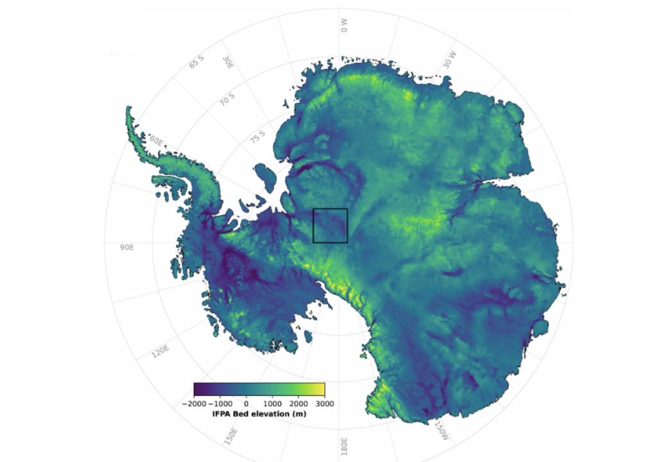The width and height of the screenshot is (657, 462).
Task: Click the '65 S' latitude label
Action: [x=196, y=62]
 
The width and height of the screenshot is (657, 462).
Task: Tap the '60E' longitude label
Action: [x=156, y=141]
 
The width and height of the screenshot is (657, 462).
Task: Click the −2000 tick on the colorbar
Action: [x=194, y=404]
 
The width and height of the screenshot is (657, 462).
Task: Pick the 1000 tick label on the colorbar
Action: [x=272, y=404]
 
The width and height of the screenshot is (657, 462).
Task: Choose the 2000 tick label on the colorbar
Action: [x=298, y=404]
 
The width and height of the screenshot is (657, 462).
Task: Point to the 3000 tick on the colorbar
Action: [x=325, y=404]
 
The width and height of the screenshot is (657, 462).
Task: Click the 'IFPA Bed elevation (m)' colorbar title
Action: [x=259, y=415]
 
